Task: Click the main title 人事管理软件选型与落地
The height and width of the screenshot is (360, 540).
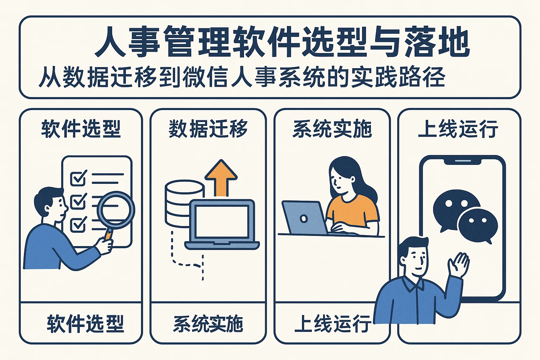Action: pos(282,43)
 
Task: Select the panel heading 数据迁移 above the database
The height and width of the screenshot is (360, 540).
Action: pos(208,129)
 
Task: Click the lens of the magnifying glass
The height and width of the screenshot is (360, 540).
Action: pos(116,210)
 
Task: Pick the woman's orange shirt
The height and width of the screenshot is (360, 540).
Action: pos(352,210)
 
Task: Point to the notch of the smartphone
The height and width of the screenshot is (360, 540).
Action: pos(463,161)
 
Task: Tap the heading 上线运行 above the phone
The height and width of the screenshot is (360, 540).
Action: pos(458,129)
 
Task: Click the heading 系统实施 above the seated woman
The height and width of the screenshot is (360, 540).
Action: pos(333,129)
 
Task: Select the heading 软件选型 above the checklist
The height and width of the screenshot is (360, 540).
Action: pos(81,129)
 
